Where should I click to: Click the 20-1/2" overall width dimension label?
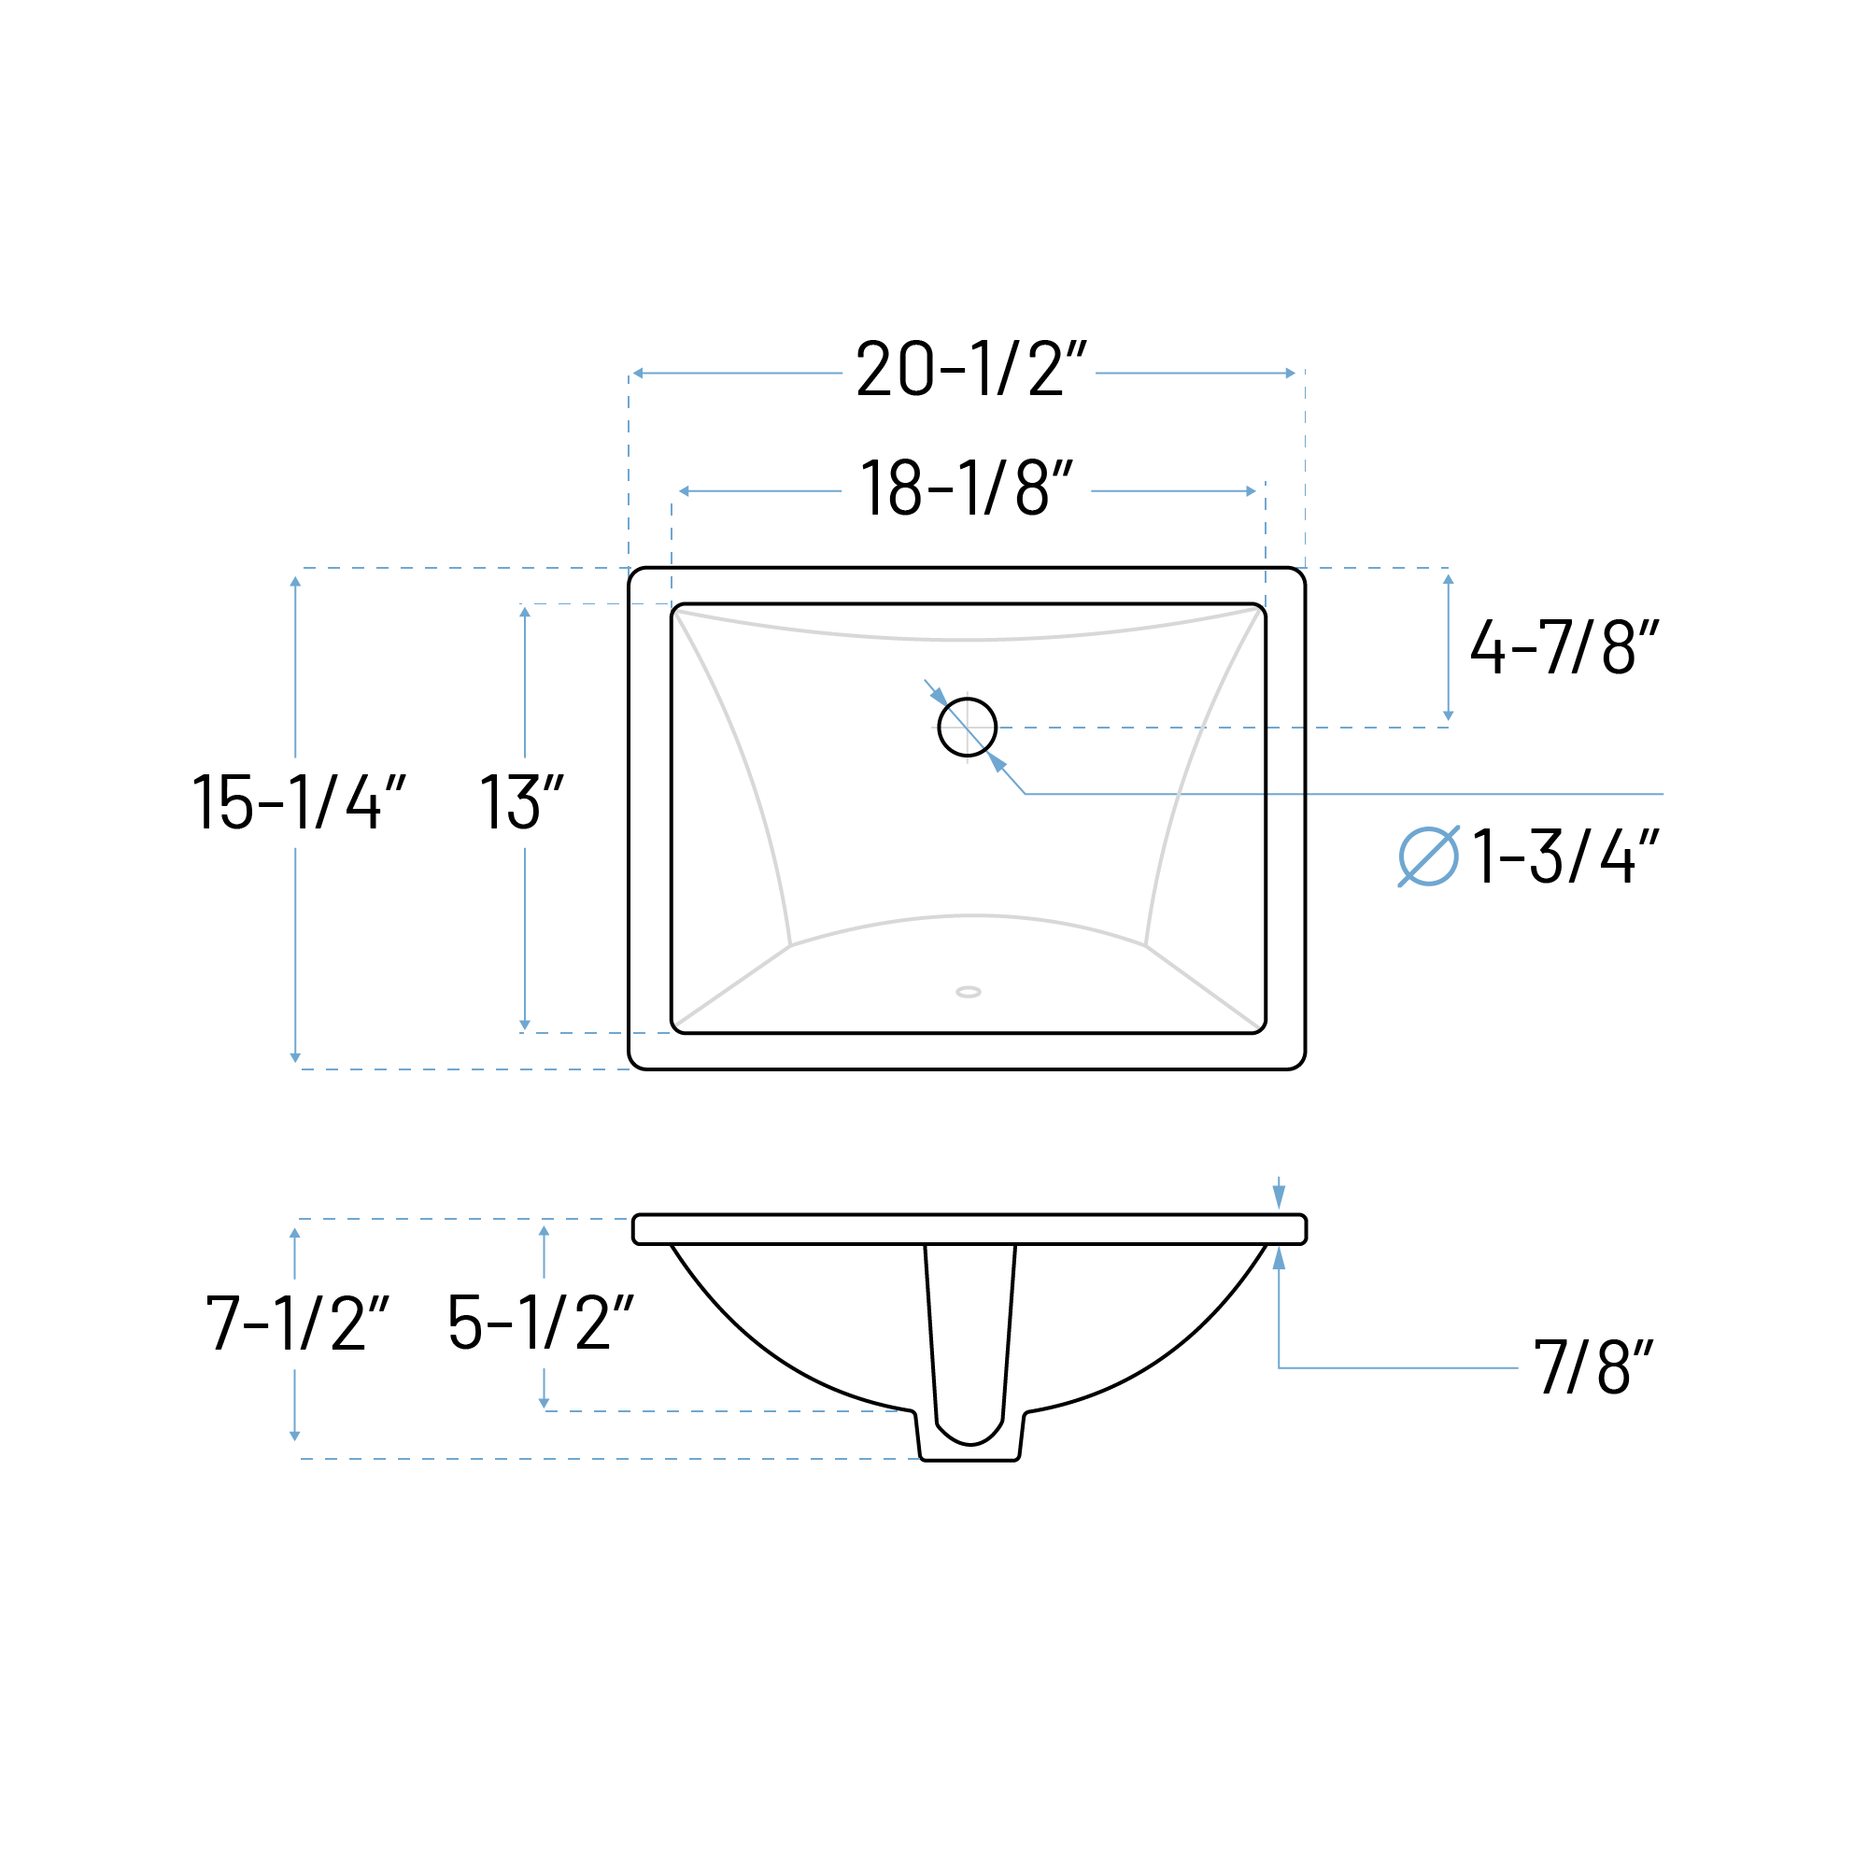[x=970, y=369]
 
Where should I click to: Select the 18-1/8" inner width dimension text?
[x=966, y=488]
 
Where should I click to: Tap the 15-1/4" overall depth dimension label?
[x=299, y=801]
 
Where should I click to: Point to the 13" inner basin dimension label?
[x=521, y=801]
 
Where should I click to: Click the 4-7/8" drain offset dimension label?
[x=1564, y=645]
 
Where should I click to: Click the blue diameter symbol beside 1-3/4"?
[x=1429, y=856]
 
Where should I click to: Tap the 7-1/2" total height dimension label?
[x=298, y=1323]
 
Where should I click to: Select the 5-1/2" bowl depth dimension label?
[x=541, y=1323]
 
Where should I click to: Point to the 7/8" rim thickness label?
[x=1594, y=1366]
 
